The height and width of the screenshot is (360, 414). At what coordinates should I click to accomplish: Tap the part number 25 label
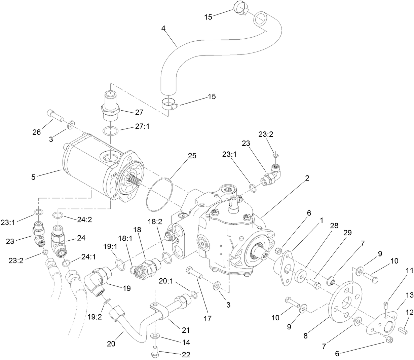point(192,156)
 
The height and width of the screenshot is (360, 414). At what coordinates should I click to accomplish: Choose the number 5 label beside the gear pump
point(33,177)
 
